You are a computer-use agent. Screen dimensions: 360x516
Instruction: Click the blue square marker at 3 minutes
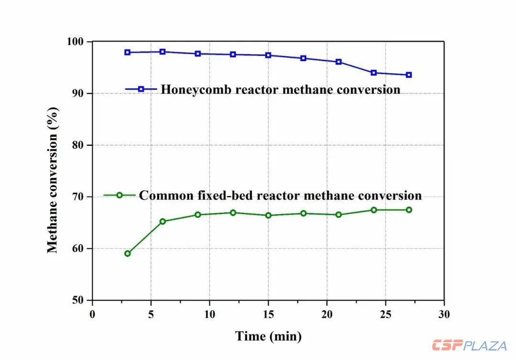[128, 52]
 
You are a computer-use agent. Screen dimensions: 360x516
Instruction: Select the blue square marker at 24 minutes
[374, 73]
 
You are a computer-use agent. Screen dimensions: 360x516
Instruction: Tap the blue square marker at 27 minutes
[409, 75]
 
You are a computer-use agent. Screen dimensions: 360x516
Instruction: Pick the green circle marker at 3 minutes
[128, 253]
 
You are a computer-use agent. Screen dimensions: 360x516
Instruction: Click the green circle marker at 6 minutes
[162, 221]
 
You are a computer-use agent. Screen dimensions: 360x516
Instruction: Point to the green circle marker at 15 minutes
[268, 216]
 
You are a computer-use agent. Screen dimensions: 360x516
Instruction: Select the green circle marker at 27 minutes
[409, 210]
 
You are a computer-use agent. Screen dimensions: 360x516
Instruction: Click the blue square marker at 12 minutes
[233, 55]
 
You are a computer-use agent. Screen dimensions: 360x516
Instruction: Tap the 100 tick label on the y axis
[76, 42]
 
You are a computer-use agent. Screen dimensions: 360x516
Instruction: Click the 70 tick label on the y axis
[79, 197]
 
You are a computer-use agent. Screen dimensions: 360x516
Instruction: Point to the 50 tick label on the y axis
[79, 300]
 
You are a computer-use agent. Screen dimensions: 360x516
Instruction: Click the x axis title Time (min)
[269, 336]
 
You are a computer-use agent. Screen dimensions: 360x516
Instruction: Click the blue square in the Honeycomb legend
[141, 89]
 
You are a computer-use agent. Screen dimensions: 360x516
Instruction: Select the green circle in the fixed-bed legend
[119, 195]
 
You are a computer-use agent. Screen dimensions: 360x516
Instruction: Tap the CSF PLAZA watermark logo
[469, 345]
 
